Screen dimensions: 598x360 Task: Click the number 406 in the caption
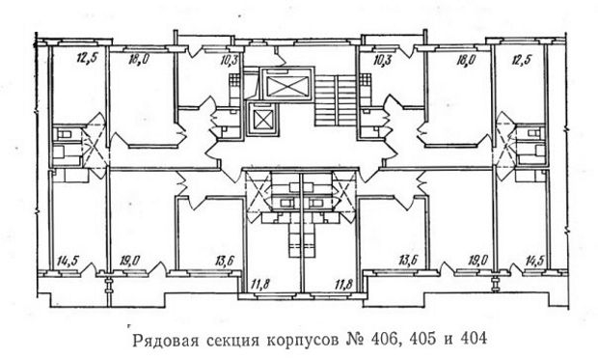tap(385, 340)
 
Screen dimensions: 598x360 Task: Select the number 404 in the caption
tap(474, 340)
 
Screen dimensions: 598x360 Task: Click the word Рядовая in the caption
tap(165, 341)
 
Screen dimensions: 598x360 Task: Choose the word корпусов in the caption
tap(302, 341)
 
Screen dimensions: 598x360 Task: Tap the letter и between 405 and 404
tap(448, 341)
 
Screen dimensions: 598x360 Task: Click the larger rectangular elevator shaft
tap(286, 86)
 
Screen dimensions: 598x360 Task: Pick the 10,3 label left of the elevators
tap(229, 61)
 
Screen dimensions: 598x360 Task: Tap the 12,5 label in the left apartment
tap(88, 59)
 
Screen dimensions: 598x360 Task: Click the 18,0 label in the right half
tap(466, 61)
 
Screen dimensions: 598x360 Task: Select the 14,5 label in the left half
tap(68, 261)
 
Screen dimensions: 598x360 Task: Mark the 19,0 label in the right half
tap(477, 261)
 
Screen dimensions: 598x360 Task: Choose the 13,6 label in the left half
tap(225, 261)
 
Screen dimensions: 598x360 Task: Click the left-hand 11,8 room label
tap(260, 285)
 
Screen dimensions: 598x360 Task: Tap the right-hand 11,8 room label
tap(345, 285)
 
